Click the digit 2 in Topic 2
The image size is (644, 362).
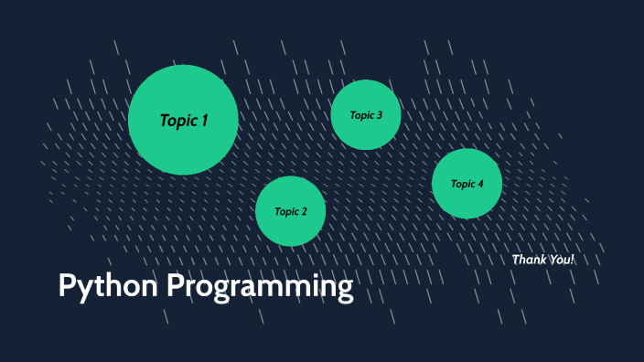click(x=304, y=212)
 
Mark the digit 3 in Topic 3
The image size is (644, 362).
click(x=379, y=115)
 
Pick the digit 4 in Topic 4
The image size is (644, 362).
click(x=480, y=184)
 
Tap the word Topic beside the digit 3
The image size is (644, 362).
click(x=361, y=115)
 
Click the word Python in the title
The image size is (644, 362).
click(x=109, y=287)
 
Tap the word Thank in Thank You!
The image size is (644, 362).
click(x=530, y=260)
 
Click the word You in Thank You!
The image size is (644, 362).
click(x=559, y=260)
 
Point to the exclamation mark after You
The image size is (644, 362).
click(x=573, y=260)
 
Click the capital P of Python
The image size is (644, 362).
click(x=67, y=286)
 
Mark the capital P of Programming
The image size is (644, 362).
click(x=176, y=286)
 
